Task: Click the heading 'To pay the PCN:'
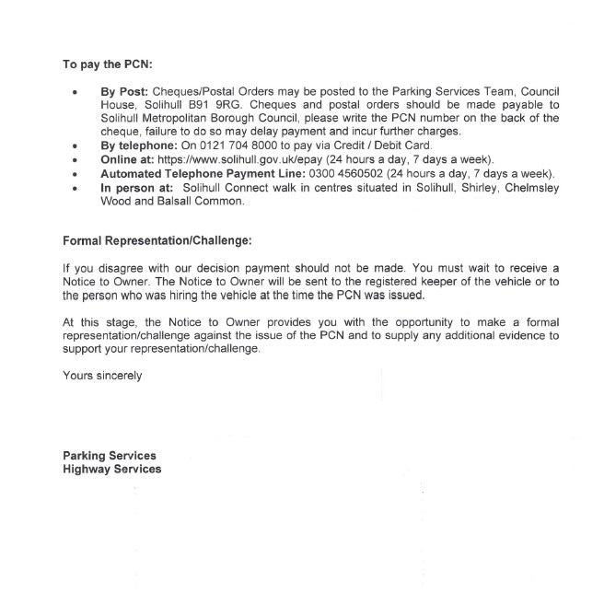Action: pyautogui.click(x=106, y=65)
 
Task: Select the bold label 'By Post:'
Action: pyautogui.click(x=124, y=93)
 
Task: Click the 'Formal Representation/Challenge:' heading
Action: pyautogui.click(x=157, y=241)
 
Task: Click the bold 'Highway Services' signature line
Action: pyautogui.click(x=111, y=469)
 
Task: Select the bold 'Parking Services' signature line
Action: pyautogui.click(x=109, y=456)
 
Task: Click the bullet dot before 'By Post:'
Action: pyautogui.click(x=72, y=94)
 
